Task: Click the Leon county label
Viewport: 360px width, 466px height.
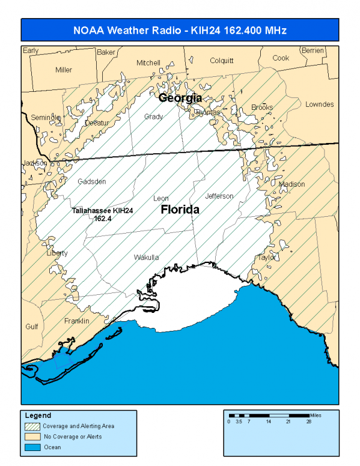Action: pyautogui.click(x=161, y=198)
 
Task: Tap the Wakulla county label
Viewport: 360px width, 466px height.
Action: pyautogui.click(x=146, y=258)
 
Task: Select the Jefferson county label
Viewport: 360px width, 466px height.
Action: pyautogui.click(x=219, y=196)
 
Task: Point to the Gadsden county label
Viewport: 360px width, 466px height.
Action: pyautogui.click(x=91, y=181)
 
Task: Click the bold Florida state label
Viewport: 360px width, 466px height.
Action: pyautogui.click(x=180, y=210)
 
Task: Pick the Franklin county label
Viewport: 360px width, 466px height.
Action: pyautogui.click(x=76, y=321)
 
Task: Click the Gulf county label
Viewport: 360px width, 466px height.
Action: pyautogui.click(x=31, y=327)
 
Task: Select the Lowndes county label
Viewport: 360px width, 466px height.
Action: pyautogui.click(x=319, y=104)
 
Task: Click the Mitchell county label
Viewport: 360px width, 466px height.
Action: pyautogui.click(x=148, y=63)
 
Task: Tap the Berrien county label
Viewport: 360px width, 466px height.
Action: pyautogui.click(x=313, y=50)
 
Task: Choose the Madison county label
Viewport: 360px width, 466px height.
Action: pyautogui.click(x=292, y=184)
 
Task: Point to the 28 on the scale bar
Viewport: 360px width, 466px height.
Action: pyautogui.click(x=309, y=422)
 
